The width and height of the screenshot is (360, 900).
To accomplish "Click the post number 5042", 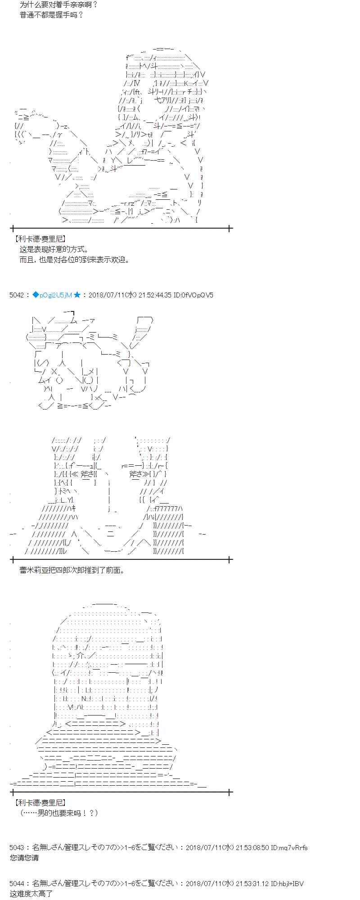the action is click(x=17, y=295).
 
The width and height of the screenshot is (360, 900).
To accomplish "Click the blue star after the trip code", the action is click(x=77, y=295).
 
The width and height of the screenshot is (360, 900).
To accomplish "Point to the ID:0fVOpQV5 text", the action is click(x=193, y=295).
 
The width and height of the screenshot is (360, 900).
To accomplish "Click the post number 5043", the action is click(x=17, y=848).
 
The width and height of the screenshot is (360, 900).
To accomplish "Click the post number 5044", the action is click(x=17, y=884).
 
